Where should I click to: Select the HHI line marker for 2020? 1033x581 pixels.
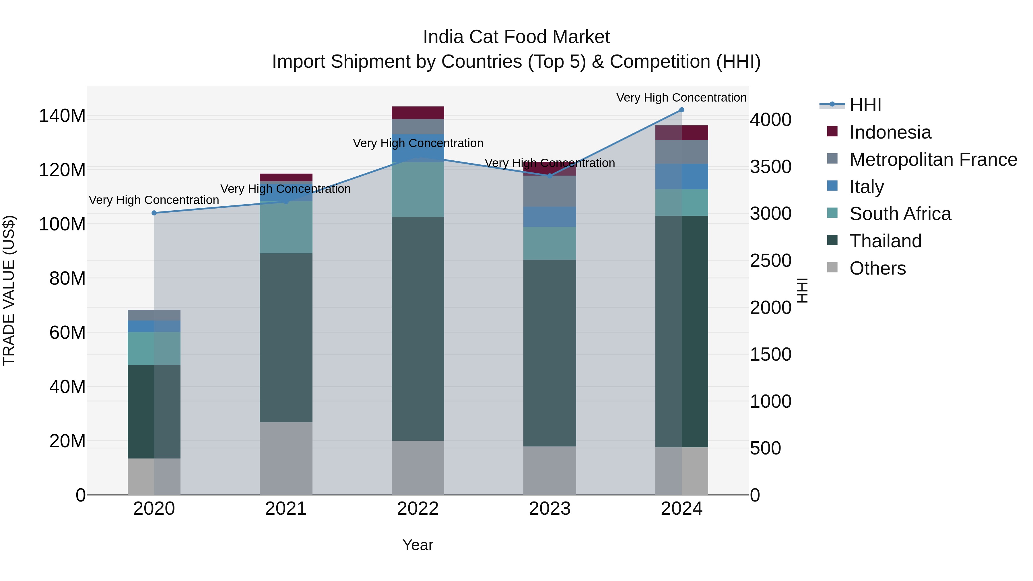click(154, 213)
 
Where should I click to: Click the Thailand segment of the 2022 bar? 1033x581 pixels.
click(418, 329)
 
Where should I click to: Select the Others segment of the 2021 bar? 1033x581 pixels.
click(286, 458)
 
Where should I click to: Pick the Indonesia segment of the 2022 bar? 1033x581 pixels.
click(418, 113)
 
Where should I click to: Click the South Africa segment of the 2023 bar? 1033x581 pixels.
click(550, 243)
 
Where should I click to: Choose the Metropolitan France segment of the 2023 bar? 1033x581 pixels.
click(550, 191)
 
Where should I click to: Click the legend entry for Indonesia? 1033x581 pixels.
click(890, 132)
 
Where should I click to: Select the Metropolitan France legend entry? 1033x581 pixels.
click(933, 160)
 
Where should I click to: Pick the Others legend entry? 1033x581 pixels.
click(877, 268)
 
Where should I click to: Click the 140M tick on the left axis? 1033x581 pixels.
click(62, 116)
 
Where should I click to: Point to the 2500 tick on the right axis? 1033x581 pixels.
click(770, 261)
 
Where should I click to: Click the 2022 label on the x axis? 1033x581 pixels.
click(418, 509)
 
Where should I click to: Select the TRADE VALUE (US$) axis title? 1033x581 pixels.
click(9, 290)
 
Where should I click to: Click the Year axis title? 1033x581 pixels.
click(418, 545)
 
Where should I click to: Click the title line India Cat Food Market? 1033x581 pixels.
click(516, 37)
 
